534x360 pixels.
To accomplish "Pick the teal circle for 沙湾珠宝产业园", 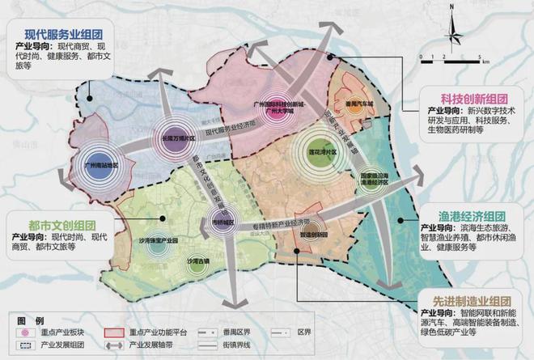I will pos(155,241).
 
